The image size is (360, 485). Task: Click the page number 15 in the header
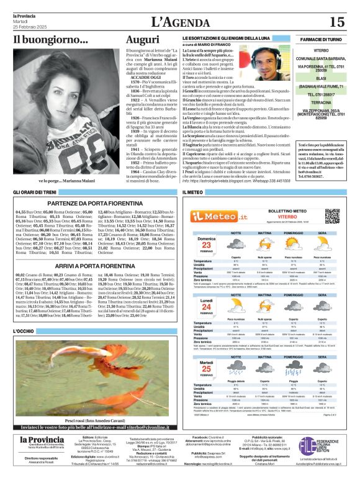tap(336, 22)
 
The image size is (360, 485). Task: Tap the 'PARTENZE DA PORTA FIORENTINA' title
tap(91, 204)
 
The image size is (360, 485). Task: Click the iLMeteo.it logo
tap(214, 215)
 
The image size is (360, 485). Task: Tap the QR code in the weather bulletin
tap(332, 215)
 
